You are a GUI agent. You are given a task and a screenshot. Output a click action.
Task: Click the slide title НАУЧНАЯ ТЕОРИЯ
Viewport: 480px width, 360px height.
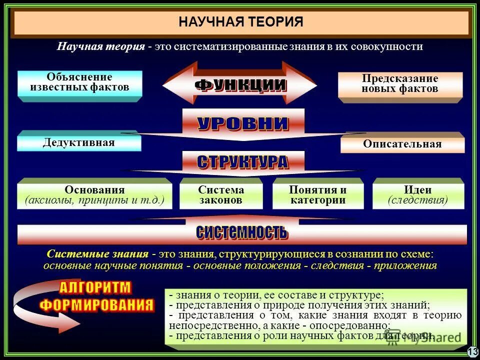pyautogui.click(x=241, y=22)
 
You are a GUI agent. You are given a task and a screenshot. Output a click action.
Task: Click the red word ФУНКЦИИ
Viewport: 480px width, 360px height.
pyautogui.click(x=240, y=84)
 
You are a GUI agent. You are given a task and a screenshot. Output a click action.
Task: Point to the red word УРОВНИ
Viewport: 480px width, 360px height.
pyautogui.click(x=243, y=123)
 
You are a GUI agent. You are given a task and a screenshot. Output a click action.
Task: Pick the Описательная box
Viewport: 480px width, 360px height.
pyautogui.click(x=402, y=144)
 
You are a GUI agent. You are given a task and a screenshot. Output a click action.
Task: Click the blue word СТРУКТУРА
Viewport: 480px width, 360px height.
pyautogui.click(x=243, y=161)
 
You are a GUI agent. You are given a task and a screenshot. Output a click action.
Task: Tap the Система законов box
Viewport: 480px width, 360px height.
pyautogui.click(x=221, y=195)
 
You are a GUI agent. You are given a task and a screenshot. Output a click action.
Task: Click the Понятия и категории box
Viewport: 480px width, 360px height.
pyautogui.click(x=317, y=195)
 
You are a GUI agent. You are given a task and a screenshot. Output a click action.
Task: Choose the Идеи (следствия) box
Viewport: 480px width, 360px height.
pyautogui.click(x=418, y=195)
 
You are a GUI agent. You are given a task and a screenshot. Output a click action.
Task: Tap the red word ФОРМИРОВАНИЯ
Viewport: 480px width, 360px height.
pyautogui.click(x=96, y=305)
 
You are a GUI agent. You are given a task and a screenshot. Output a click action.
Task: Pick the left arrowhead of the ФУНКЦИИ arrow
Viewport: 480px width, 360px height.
pyautogui.click(x=172, y=85)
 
